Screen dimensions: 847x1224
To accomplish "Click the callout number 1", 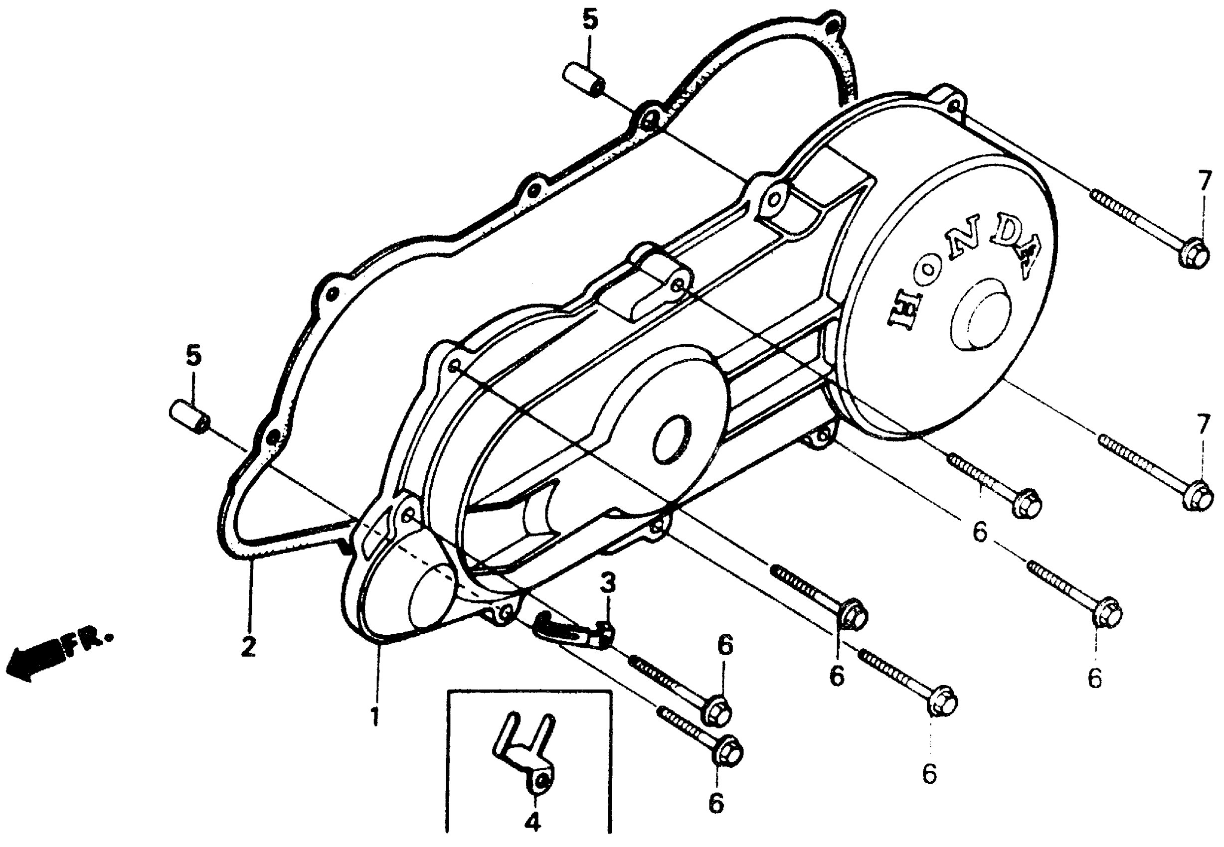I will point(375,717).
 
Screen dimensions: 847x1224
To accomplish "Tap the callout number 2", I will point(248,646).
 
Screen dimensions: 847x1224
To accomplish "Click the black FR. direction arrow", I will point(34,658).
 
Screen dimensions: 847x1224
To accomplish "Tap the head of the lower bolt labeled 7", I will point(1199,496).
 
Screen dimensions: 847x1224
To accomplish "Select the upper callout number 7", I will point(1205,181).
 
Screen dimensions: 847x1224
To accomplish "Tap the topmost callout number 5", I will point(589,21).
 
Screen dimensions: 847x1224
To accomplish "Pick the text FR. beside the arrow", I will point(88,642).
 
